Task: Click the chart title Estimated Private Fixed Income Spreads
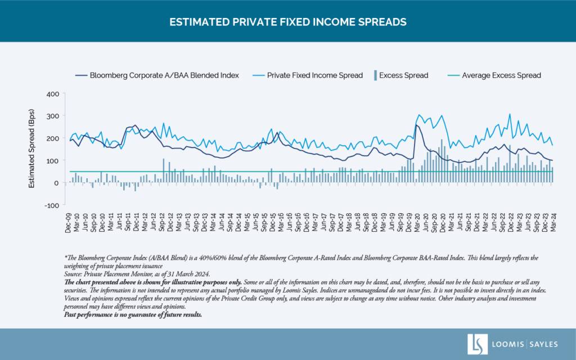[x=287, y=22]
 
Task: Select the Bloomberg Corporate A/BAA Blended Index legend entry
[x=157, y=75]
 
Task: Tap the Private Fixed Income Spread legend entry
[x=308, y=75]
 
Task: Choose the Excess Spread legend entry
[x=401, y=75]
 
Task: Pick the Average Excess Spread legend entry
[x=494, y=75]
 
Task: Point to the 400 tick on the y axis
[x=53, y=94]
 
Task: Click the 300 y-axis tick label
[x=53, y=116]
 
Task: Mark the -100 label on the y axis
[x=52, y=205]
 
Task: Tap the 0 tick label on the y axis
[x=56, y=183]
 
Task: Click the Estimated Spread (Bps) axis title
[x=31, y=148]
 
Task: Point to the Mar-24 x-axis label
[x=553, y=222]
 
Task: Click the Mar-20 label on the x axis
[x=417, y=222]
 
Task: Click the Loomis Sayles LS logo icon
[x=477, y=344]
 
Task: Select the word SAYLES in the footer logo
[x=544, y=345]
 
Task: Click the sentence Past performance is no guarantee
[x=133, y=315]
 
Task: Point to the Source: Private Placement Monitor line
[x=137, y=274]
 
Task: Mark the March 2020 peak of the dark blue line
[x=416, y=125]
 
